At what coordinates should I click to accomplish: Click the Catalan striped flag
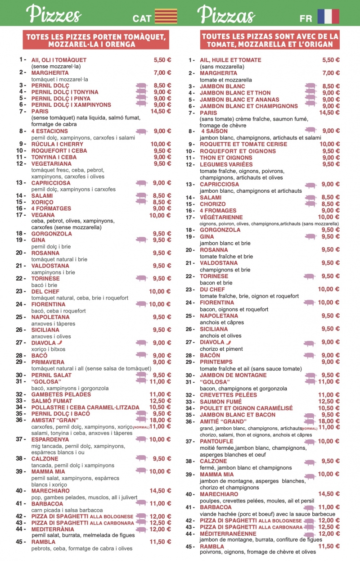166,17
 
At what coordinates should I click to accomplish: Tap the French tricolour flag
328,17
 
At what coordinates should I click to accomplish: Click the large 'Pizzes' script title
54,14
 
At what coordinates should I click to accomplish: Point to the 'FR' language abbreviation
306,18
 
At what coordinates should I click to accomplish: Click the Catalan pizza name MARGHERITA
50,73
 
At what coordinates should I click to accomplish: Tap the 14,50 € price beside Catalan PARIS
161,111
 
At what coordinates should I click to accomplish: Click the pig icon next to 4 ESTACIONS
142,131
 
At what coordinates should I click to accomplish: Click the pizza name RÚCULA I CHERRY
57,144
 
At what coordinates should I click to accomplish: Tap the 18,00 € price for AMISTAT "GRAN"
160,420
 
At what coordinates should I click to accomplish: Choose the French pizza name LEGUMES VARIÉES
226,164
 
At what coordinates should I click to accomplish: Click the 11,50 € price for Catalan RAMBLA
160,542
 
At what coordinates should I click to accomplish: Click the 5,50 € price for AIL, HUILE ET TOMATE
331,60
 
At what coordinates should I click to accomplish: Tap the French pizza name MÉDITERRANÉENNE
228,534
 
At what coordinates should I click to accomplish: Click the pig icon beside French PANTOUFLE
310,442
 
